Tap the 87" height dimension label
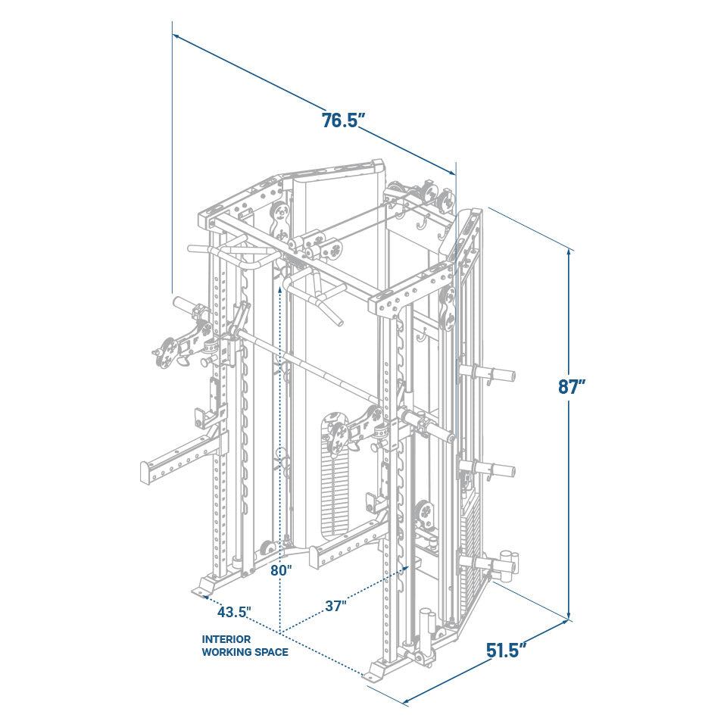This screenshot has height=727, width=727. point(572,386)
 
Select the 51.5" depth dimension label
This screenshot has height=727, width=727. point(507,650)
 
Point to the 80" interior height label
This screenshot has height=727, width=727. point(281,569)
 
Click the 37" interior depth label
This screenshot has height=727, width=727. point(336,605)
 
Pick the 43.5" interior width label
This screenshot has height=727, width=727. point(234,611)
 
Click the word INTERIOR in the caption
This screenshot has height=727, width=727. point(226,639)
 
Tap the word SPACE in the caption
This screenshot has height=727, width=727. point(270,652)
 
